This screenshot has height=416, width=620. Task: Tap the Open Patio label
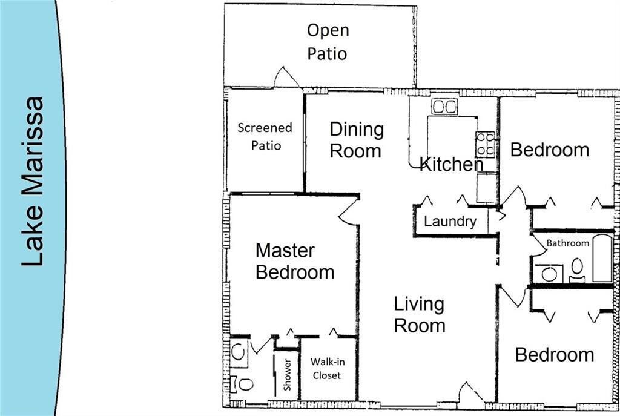328,42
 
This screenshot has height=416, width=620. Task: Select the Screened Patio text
265,136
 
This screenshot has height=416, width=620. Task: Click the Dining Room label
356,140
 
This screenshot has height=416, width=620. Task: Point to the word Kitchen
452,164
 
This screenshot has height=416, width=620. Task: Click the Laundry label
450,222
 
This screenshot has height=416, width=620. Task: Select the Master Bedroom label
294,261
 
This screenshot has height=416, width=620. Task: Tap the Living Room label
419,314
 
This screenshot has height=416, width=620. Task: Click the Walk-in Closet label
326,368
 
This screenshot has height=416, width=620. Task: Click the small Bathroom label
567,243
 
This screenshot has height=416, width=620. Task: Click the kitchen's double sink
444,107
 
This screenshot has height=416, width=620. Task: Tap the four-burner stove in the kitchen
485,144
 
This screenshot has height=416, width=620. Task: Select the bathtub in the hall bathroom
602,259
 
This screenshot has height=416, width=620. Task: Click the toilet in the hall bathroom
577,269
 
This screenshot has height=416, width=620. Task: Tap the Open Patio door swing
285,77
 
